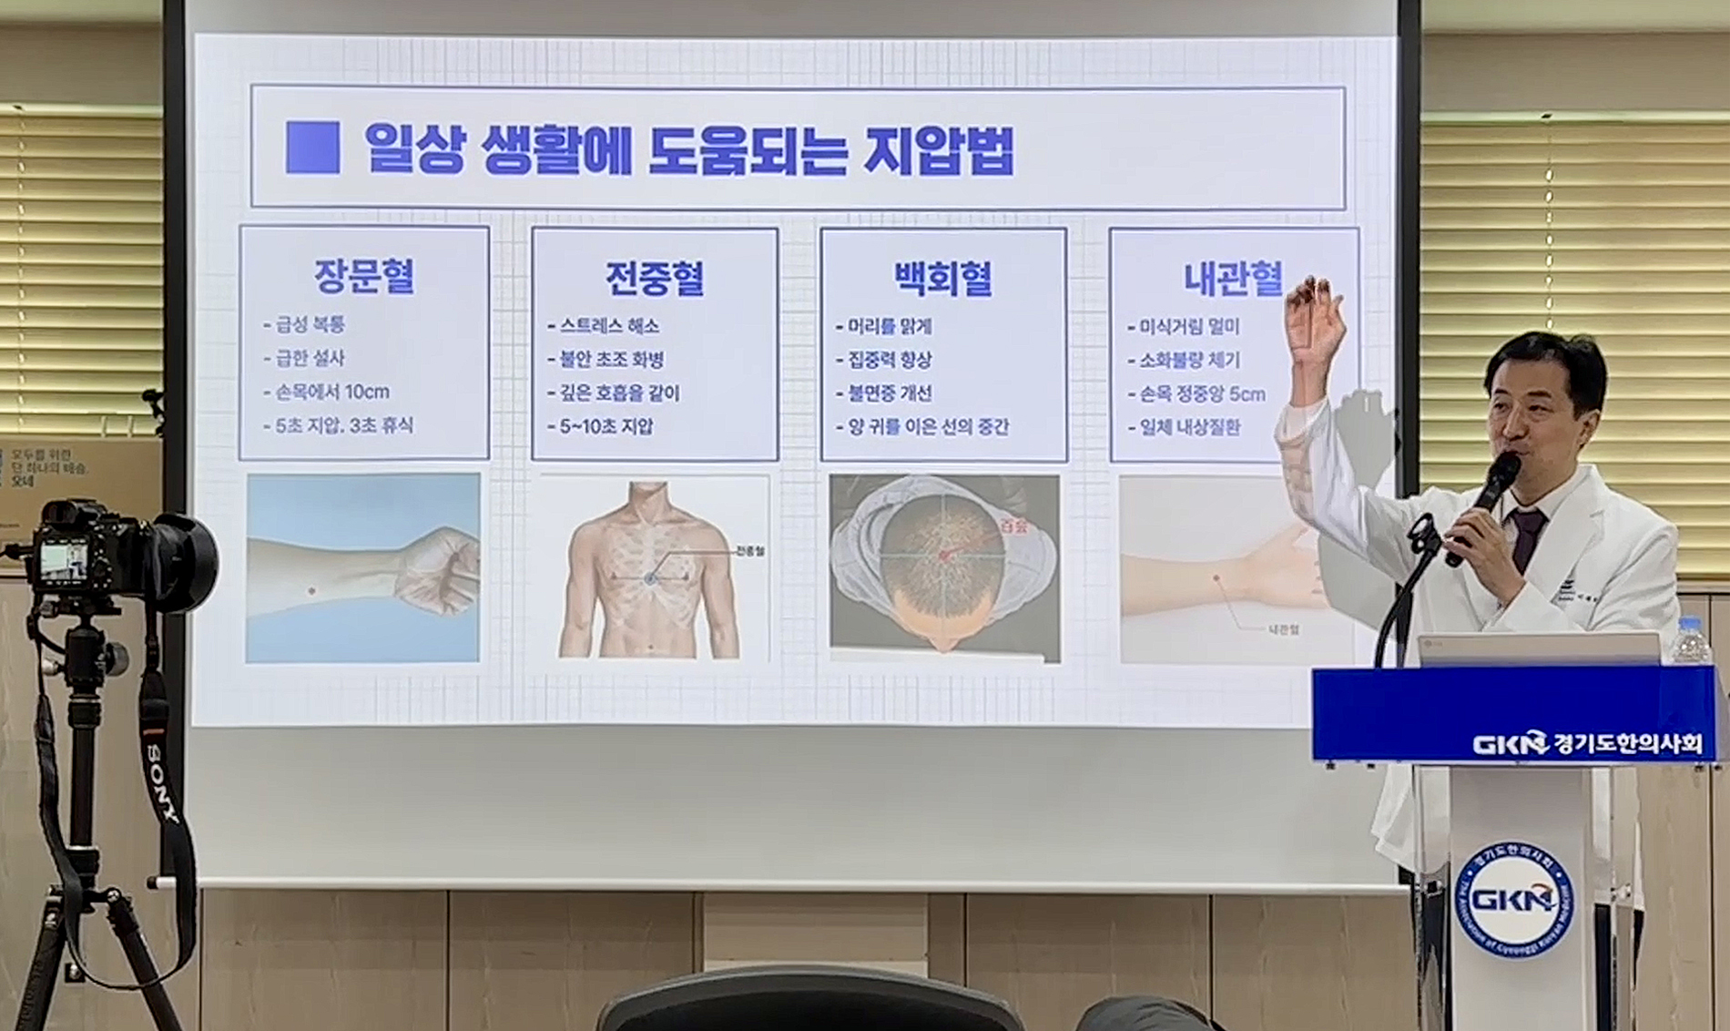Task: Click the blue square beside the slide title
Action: tap(312, 148)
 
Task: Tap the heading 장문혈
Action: tap(364, 276)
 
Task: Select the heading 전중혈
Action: tap(655, 278)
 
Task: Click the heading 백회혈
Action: tap(942, 279)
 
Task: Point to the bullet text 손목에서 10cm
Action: tap(332, 392)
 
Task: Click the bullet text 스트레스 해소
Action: tap(609, 326)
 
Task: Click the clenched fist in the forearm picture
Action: tap(440, 569)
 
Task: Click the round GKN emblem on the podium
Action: tap(1513, 900)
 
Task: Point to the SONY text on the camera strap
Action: tap(163, 782)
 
